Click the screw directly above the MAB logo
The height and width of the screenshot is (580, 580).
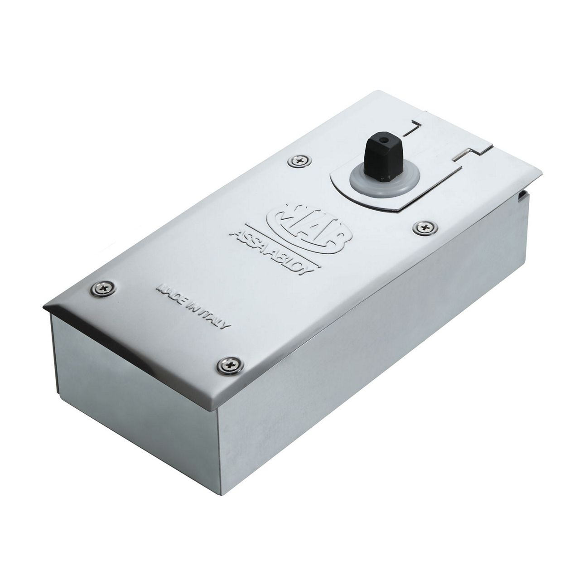pyautogui.click(x=299, y=160)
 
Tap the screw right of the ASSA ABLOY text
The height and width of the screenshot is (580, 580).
pyautogui.click(x=425, y=227)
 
